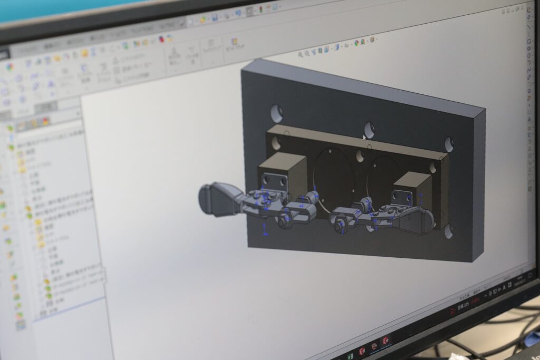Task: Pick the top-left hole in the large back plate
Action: point(276,113)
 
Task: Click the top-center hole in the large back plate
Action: point(369,129)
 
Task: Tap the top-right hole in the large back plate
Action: point(449,144)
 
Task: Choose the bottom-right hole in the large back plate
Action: point(449,231)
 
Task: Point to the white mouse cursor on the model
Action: point(364,137)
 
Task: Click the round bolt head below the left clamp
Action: point(285,222)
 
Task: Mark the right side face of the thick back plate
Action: point(478,184)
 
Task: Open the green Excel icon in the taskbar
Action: point(350,356)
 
